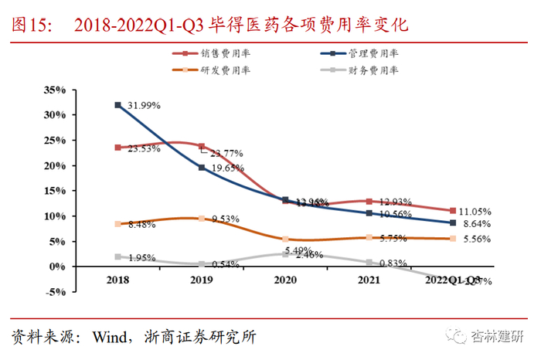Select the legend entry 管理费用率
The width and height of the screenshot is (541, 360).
pyautogui.click(x=373, y=54)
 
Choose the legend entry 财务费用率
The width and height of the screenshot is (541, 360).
pyautogui.click(x=373, y=70)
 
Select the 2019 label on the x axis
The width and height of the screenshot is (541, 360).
pyautogui.click(x=202, y=281)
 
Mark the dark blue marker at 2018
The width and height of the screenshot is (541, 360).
pyautogui.click(x=117, y=104)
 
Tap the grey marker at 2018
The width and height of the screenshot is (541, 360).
pyautogui.click(x=117, y=256)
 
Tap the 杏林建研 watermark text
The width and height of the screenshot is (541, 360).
pyautogui.click(x=500, y=337)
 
